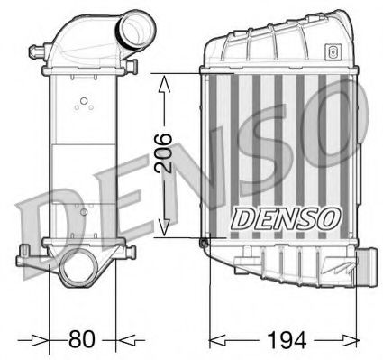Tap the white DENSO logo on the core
pyautogui.click(x=286, y=217)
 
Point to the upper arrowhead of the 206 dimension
pyautogui.click(x=164, y=83)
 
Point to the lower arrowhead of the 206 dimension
pyautogui.click(x=164, y=228)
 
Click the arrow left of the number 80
pyautogui.click(x=40, y=341)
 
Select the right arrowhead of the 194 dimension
pyautogui.click(x=353, y=341)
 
